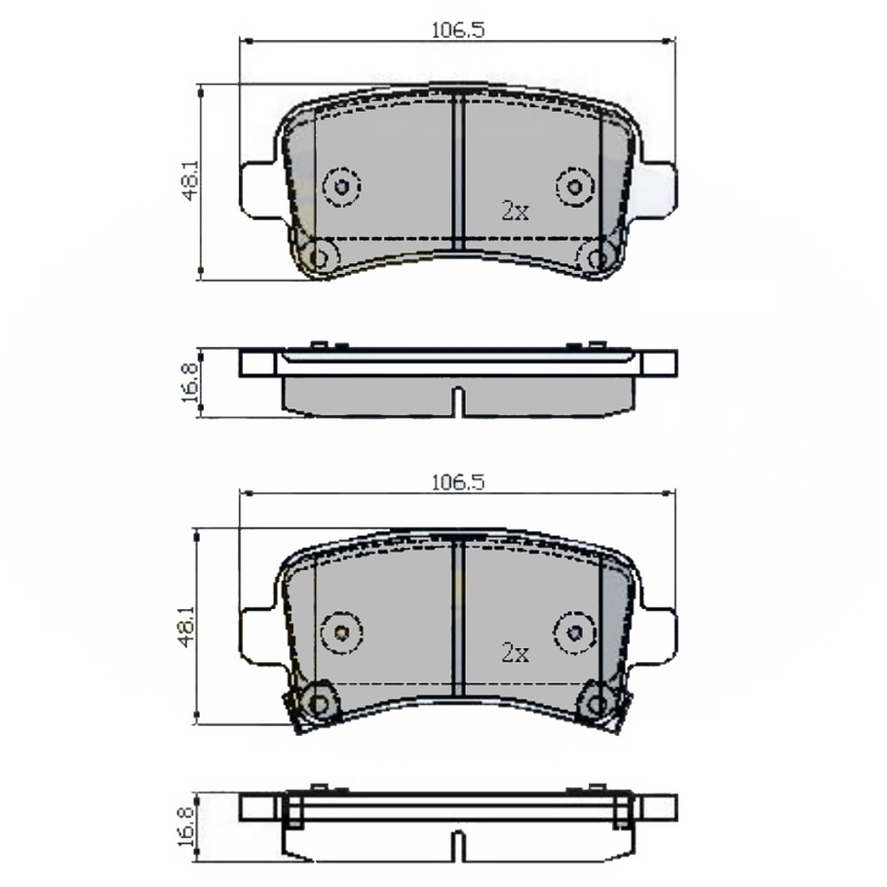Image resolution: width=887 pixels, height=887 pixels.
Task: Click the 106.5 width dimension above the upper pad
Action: [x=457, y=30]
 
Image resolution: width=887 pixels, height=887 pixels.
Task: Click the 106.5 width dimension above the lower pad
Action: [x=457, y=482]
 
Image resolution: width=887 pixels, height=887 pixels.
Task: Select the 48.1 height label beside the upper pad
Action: [x=189, y=181]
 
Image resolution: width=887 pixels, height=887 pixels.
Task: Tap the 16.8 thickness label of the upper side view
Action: [x=189, y=382]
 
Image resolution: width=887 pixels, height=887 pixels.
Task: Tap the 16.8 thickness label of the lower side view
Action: [x=187, y=826]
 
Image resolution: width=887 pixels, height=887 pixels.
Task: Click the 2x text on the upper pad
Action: [x=515, y=210]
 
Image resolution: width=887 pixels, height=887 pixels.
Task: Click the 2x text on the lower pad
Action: [x=515, y=653]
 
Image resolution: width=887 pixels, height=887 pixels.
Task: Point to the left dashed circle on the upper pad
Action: [x=341, y=186]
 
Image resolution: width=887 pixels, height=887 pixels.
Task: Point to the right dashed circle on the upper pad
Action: [x=574, y=186]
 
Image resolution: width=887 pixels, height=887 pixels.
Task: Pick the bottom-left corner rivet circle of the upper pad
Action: [x=318, y=257]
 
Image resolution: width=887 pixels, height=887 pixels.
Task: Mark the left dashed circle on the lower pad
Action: [x=341, y=631]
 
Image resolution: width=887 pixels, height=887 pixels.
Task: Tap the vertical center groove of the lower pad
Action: [x=457, y=618]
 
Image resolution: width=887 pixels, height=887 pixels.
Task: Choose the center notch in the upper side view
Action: [x=457, y=403]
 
